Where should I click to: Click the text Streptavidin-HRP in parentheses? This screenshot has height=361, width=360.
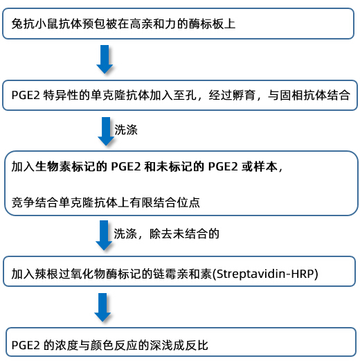tap(267, 274)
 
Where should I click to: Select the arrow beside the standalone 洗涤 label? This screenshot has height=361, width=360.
tap(106, 131)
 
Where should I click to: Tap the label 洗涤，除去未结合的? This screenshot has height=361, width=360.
tap(166, 234)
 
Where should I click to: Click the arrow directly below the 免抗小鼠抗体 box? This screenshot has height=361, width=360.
tap(105, 60)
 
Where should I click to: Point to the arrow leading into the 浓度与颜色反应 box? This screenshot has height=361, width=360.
tap(102, 308)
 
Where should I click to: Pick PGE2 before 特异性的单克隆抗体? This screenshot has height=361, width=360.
tap(26, 95)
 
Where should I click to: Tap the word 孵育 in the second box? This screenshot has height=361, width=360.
tap(244, 95)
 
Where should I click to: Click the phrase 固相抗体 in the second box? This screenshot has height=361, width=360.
tap(303, 95)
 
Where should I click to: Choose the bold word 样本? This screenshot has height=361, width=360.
tap(265, 166)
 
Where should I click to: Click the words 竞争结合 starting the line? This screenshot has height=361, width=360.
tap(35, 202)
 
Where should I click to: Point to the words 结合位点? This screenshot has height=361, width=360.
tap(177, 202)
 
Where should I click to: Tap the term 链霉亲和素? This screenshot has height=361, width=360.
tap(182, 274)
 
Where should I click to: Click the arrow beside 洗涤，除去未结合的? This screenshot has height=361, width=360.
tap(104, 236)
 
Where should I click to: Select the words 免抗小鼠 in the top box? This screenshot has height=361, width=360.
tap(35, 24)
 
